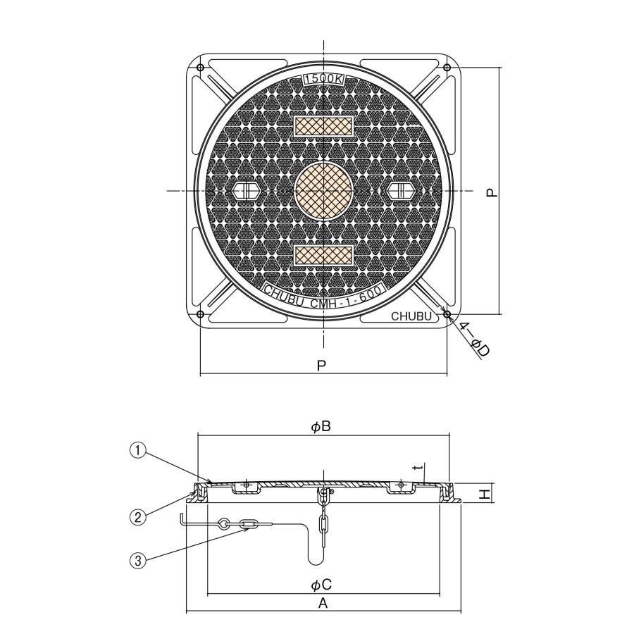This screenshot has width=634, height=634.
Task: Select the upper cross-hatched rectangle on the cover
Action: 324,127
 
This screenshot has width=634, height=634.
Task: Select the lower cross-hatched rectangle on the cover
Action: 324,255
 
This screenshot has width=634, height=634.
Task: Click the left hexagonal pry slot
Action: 247,189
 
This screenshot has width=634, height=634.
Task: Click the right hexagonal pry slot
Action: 400,189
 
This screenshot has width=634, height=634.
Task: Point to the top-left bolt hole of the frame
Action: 200,67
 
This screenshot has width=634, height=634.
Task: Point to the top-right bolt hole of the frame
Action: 447,67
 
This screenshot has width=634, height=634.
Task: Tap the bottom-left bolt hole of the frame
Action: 200,314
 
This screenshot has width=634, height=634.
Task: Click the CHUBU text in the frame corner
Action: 411,316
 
